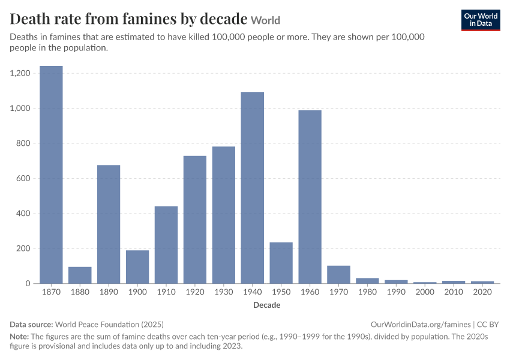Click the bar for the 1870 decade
51,175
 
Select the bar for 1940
253,188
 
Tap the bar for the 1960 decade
310,197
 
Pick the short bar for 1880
80,275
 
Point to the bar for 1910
166,245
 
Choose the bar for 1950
281,263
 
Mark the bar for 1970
338,274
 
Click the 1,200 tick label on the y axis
20,73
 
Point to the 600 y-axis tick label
23,178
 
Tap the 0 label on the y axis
28,284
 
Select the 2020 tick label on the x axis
482,292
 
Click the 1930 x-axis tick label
224,292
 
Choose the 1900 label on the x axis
137,292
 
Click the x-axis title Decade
267,305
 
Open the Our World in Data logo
481,20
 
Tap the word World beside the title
265,20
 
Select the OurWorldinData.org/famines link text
421,325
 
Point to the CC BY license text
488,325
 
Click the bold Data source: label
31,325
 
